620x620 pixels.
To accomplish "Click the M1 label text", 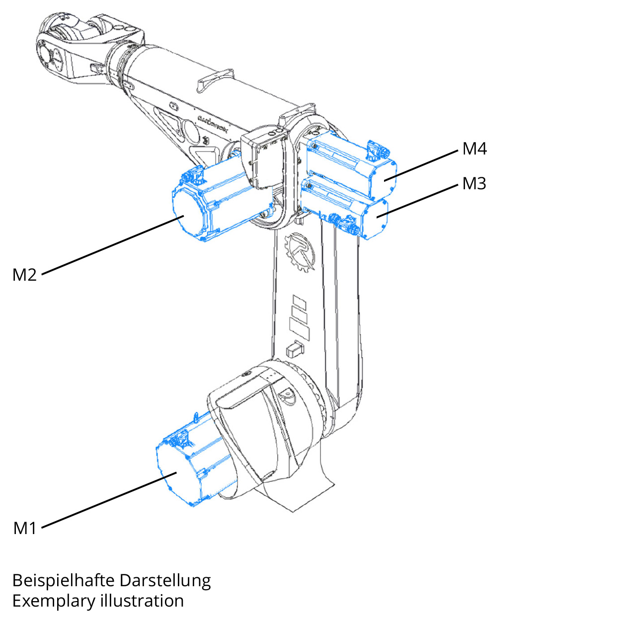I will [25, 528].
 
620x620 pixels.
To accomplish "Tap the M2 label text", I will [24, 275].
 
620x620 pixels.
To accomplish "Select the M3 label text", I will [474, 184].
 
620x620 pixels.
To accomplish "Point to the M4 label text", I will [474, 149].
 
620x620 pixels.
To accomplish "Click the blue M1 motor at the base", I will [189, 467].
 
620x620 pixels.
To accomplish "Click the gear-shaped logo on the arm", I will [300, 252].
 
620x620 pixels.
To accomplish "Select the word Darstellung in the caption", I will [165, 580].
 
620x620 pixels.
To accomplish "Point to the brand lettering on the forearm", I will [213, 125].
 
